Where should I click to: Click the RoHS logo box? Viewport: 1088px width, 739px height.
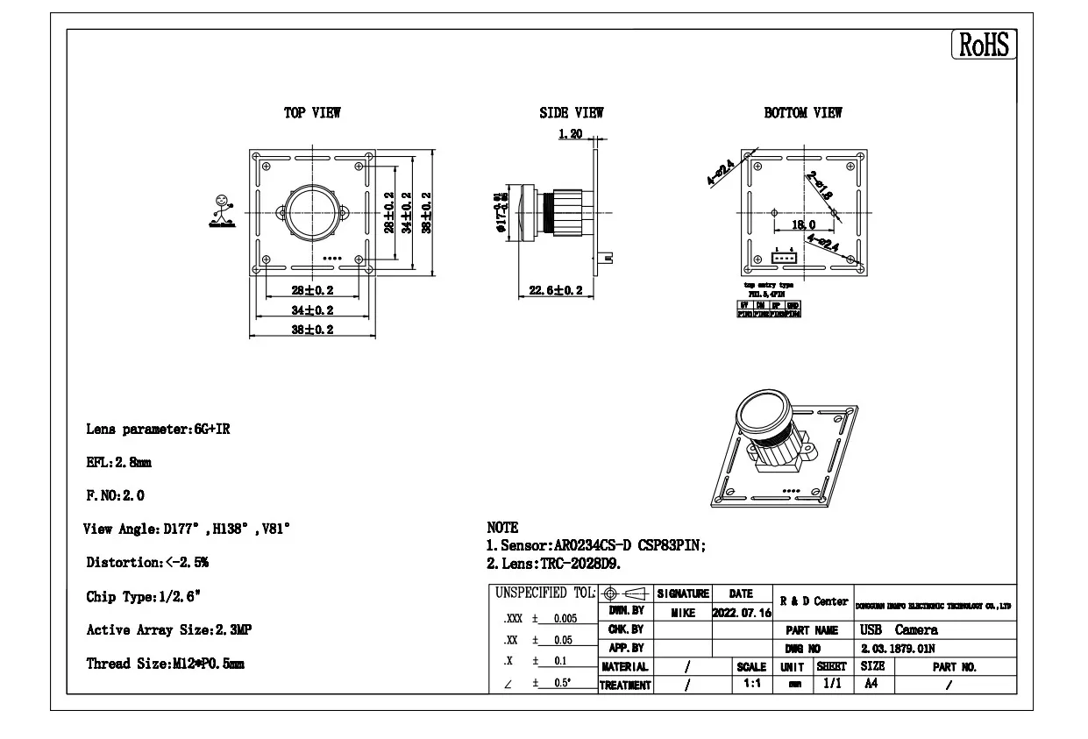(984, 45)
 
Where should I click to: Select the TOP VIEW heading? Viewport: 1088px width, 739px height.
(312, 113)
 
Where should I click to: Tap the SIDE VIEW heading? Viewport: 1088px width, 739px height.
(572, 113)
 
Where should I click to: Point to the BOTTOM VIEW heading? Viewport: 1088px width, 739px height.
(803, 113)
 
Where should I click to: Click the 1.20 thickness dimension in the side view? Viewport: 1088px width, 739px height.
(571, 134)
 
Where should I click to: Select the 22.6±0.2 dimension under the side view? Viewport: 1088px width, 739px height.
(556, 290)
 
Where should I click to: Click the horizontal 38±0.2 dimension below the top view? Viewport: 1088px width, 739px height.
(312, 330)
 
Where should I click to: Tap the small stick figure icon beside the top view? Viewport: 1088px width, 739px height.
(222, 211)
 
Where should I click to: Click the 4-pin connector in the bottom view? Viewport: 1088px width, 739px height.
(783, 257)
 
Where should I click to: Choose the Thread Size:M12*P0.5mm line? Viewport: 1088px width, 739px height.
(165, 664)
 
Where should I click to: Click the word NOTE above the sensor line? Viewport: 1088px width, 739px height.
(502, 528)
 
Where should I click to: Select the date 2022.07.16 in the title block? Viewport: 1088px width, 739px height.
(742, 613)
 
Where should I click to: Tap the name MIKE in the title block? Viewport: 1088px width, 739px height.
(683, 613)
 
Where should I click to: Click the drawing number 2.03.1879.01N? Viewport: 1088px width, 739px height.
(897, 649)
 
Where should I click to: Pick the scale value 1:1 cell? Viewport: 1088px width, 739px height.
(751, 684)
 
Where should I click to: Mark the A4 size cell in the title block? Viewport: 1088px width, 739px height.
(871, 684)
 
